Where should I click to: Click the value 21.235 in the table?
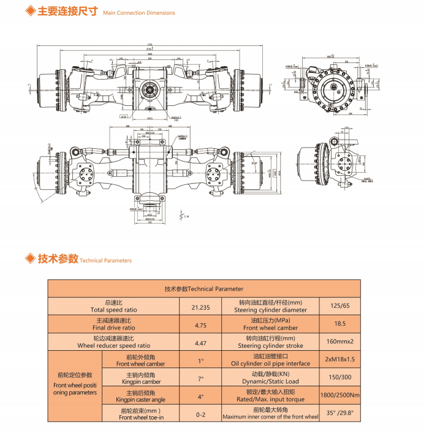coord(200,307)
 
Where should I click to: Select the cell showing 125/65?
coord(340,306)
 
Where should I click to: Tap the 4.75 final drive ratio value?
coord(200,325)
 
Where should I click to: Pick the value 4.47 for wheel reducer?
coord(200,343)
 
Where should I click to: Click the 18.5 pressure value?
coord(340,324)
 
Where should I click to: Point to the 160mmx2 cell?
coord(340,342)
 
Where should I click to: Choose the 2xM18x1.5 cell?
coord(340,361)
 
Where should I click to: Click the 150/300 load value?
coord(340,378)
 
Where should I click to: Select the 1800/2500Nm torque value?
coord(340,396)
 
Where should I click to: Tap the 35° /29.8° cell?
coord(340,414)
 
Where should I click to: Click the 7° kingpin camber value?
coord(200,378)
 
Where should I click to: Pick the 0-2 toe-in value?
coord(200,414)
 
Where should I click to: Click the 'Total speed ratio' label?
coord(114,310)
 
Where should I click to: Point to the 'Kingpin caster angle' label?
coord(140,400)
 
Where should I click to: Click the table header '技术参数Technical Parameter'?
coord(204,288)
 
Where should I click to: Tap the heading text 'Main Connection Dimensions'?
coord(139,13)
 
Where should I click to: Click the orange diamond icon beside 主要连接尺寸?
coord(29,12)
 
